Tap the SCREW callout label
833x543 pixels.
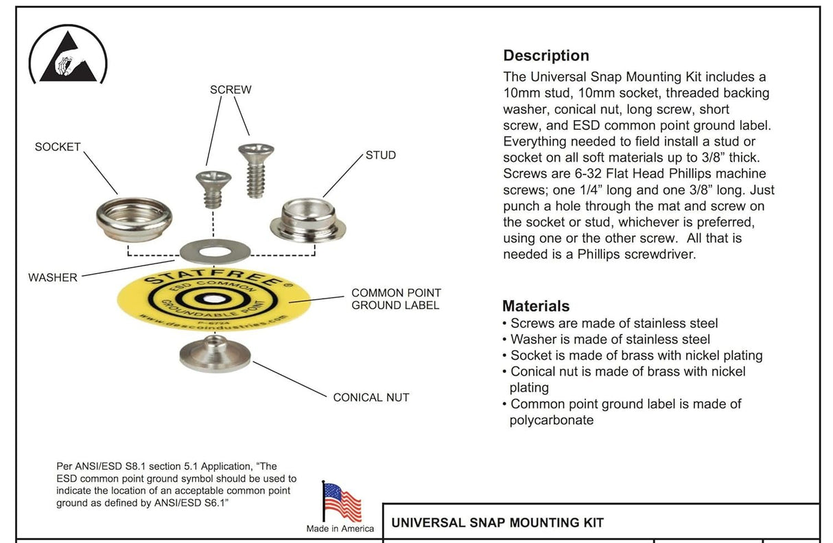click(x=231, y=90)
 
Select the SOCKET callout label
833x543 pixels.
click(x=58, y=147)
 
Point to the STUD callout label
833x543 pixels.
click(x=380, y=155)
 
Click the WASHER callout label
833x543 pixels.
click(x=53, y=278)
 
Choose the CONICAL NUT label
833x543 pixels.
click(x=371, y=397)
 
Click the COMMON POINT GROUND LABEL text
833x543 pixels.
click(x=396, y=299)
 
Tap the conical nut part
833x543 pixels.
click(x=214, y=352)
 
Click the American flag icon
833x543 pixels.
click(x=341, y=502)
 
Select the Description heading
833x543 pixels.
click(x=546, y=56)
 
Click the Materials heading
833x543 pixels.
click(x=536, y=306)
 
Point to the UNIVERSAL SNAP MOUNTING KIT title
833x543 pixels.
click(x=497, y=523)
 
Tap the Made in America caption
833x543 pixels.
click(x=340, y=529)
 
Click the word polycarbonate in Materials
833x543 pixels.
click(x=551, y=420)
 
